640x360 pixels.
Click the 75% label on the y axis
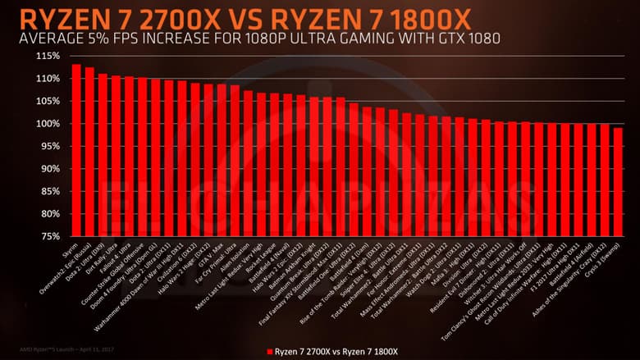coord(48,236)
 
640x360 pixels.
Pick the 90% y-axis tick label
coord(48,169)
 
